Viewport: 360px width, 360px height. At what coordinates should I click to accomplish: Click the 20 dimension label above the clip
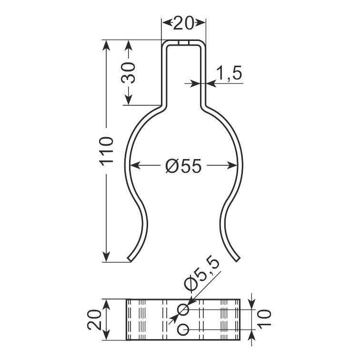pyautogui.click(x=183, y=23)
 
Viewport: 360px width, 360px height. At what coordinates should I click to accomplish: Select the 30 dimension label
pyautogui.click(x=128, y=72)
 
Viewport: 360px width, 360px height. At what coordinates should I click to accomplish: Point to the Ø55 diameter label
pyautogui.click(x=183, y=166)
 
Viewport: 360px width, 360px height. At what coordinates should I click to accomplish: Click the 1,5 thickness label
pyautogui.click(x=230, y=72)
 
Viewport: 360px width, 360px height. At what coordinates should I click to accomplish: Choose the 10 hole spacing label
pyautogui.click(x=264, y=319)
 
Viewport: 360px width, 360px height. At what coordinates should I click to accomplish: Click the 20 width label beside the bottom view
pyautogui.click(x=94, y=320)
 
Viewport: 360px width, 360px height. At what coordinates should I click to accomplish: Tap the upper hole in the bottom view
pyautogui.click(x=183, y=310)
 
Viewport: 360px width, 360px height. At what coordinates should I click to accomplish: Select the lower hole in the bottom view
pyautogui.click(x=183, y=330)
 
